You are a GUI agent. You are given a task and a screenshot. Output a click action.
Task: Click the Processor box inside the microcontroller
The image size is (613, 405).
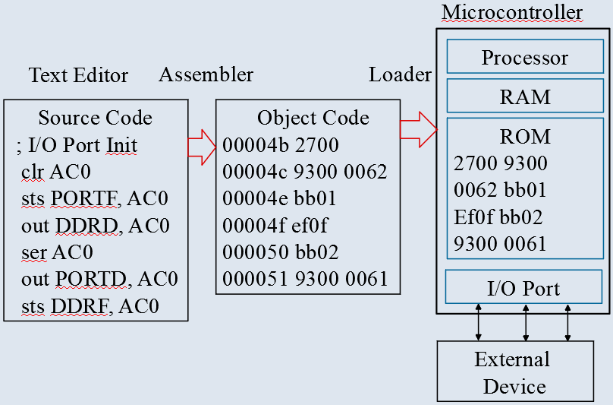pos(524,58)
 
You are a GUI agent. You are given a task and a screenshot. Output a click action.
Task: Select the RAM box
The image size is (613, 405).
pos(524,97)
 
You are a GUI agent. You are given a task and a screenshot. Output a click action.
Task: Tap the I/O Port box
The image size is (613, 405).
pos(524,288)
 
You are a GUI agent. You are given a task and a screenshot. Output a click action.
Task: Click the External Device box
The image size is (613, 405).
pos(514,372)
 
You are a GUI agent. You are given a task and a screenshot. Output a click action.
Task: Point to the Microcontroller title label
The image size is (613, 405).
pos(512,13)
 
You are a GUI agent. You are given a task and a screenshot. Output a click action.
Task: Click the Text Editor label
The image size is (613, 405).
pos(79,75)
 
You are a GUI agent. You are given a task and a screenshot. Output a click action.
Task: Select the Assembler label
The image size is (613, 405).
pos(206,74)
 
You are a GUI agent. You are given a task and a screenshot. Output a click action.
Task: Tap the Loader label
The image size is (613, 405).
pos(400,74)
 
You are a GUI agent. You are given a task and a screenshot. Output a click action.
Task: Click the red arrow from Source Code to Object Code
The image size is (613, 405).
pos(202,146)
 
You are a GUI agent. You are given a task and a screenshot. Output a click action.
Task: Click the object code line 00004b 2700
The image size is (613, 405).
pos(281,144)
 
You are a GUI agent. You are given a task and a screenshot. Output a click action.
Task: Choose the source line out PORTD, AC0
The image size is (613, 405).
pos(99,280)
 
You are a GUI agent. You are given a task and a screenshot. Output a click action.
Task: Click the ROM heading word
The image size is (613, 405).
pos(525,137)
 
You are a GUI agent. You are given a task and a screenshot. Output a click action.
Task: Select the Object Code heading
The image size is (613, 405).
pos(313,118)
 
